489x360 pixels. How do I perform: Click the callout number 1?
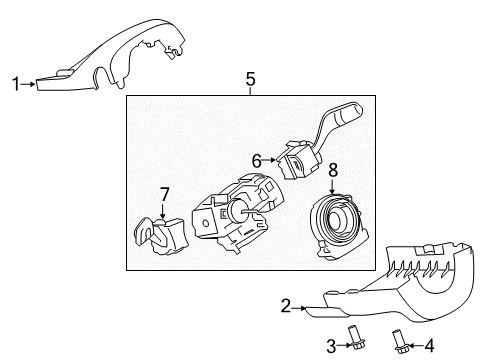pyautogui.click(x=14, y=83)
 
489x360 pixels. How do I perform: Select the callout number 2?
pyautogui.click(x=286, y=307)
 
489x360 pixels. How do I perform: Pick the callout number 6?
pyautogui.click(x=255, y=158)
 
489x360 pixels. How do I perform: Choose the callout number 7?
pyautogui.click(x=165, y=193)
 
